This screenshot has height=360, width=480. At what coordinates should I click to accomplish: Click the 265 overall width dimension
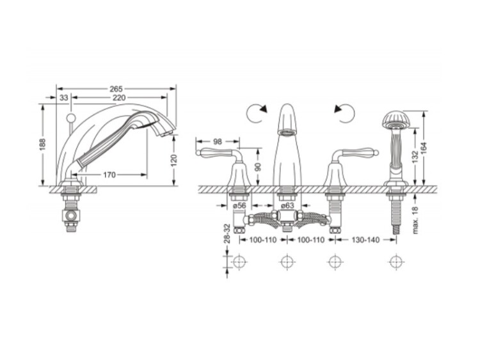116,89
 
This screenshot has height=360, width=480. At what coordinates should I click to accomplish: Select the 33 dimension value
63,98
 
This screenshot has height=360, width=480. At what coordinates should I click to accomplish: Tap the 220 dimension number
119,98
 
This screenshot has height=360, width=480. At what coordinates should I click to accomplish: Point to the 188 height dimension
42,145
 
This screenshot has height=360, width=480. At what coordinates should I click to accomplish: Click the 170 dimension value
109,175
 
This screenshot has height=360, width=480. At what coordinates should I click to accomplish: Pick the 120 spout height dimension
173,160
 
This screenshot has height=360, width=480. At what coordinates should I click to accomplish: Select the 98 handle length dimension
218,141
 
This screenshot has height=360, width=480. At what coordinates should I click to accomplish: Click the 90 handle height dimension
259,167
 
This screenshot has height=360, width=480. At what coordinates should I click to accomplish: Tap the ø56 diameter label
239,205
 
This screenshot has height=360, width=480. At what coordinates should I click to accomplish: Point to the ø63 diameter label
287,205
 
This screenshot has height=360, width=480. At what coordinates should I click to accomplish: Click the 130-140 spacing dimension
365,240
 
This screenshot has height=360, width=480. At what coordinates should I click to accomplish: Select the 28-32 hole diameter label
227,233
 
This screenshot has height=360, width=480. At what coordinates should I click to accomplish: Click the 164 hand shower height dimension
424,148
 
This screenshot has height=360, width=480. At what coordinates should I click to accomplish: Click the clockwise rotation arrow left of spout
257,113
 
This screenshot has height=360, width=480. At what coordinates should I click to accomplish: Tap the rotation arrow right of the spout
344,113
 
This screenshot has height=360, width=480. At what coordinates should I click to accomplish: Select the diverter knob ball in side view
71,118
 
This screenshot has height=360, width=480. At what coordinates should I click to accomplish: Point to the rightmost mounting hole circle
397,262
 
